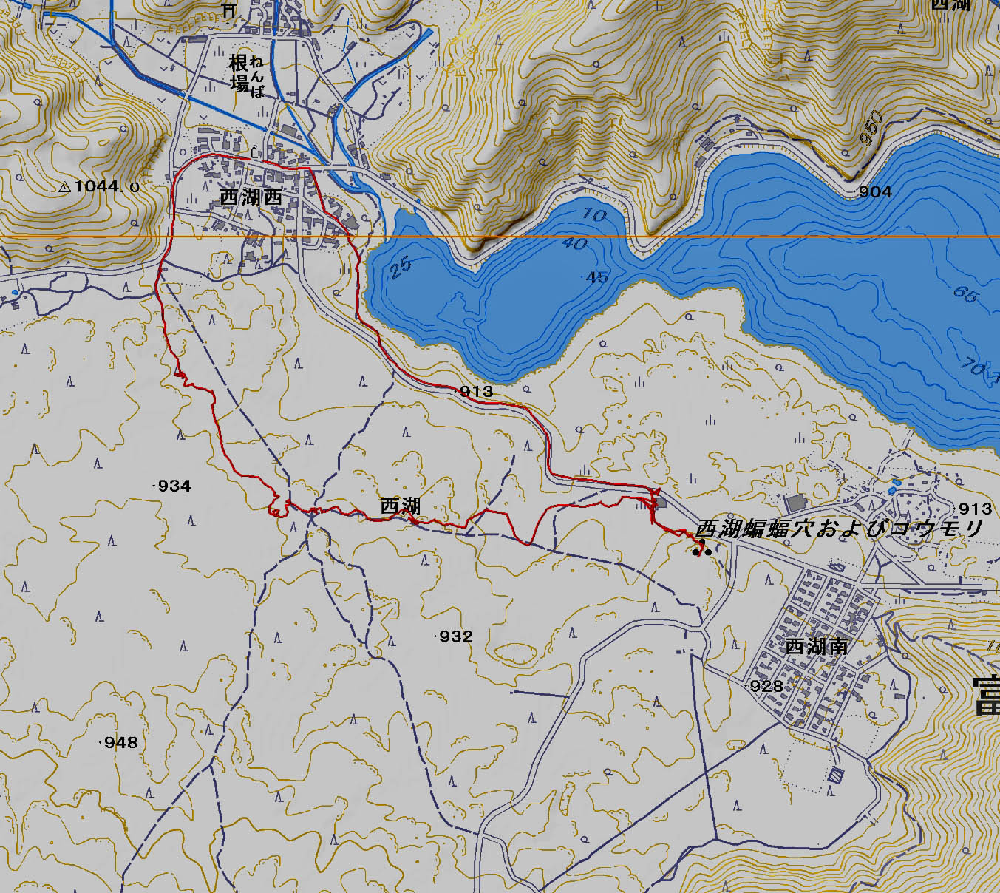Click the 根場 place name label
pyautogui.click(x=239, y=72)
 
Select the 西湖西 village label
pyautogui.click(x=251, y=197)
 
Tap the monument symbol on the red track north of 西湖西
pyautogui.click(x=255, y=152)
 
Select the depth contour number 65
pyautogui.click(x=965, y=294)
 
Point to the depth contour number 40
pyautogui.click(x=575, y=243)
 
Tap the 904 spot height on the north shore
pyautogui.click(x=875, y=192)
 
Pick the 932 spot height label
pyautogui.click(x=455, y=636)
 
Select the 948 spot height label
pyautogui.click(x=120, y=742)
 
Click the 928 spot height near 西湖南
pyautogui.click(x=766, y=686)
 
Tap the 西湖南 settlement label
pyautogui.click(x=816, y=647)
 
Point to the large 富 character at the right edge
pyautogui.click(x=985, y=697)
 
